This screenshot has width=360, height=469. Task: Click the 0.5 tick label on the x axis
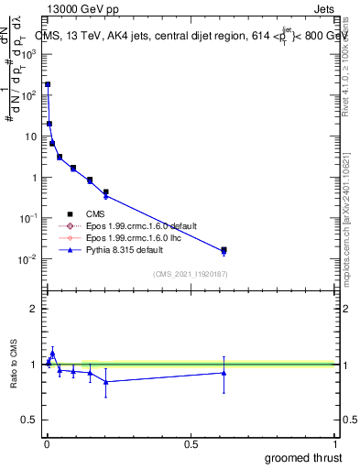[x=191, y=444]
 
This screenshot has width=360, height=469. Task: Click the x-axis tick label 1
[x=335, y=444]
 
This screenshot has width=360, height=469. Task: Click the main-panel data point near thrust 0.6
[x=224, y=249]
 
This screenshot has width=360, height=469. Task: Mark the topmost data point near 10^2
[x=48, y=84]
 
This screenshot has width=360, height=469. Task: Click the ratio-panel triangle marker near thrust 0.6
[x=224, y=372]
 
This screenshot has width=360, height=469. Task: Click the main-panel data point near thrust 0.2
[x=106, y=192]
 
